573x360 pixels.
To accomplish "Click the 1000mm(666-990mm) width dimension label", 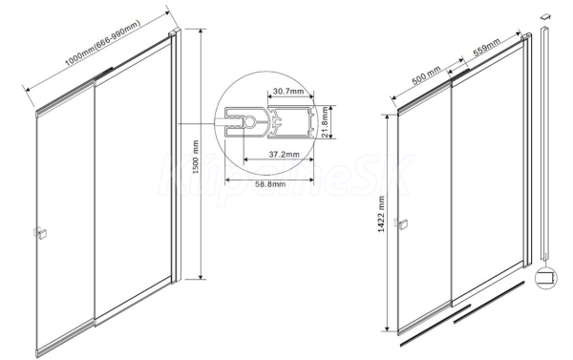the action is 103,43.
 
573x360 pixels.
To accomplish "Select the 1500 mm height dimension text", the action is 196,157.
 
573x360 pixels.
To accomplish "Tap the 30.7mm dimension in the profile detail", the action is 288,91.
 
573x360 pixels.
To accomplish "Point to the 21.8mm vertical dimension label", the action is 326,122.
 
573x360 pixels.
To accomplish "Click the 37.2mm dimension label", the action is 285,155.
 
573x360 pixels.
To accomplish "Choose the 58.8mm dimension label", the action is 270,184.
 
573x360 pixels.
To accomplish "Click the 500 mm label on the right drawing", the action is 427,75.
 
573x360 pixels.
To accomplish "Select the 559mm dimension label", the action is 487,48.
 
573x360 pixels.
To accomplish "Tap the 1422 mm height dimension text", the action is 381,214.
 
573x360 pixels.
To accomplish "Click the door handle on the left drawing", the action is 40,232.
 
